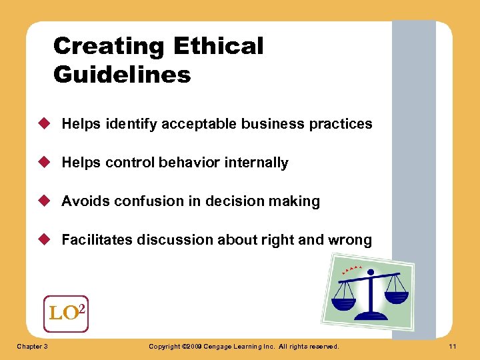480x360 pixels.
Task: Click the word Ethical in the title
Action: click(218, 47)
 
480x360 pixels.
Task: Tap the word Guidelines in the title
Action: click(122, 74)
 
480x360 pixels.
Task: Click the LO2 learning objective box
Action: click(65, 313)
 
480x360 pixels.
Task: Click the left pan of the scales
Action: click(344, 303)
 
